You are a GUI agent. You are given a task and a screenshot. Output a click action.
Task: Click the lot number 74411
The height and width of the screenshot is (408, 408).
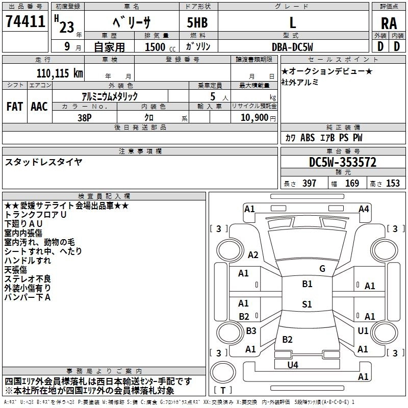(x=25, y=21)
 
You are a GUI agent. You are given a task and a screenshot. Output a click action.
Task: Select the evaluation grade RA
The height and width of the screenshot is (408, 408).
(x=389, y=23)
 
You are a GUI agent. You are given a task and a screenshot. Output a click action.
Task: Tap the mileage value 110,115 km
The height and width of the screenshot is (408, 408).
(x=60, y=73)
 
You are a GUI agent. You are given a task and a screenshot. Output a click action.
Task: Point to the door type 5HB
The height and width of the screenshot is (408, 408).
(x=197, y=22)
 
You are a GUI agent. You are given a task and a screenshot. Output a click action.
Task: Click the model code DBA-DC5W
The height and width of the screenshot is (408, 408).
(x=292, y=47)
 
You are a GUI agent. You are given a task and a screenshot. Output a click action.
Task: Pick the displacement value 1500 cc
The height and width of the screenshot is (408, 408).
(x=160, y=47)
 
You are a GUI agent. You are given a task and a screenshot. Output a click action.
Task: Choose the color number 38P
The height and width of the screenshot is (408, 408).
(x=85, y=118)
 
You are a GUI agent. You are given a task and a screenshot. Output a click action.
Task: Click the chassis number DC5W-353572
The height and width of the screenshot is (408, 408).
(x=343, y=162)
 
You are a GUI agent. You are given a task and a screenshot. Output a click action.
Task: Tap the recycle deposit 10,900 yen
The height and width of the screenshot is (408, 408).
(x=258, y=118)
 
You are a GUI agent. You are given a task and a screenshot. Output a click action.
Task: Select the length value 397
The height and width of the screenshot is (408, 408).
(x=310, y=183)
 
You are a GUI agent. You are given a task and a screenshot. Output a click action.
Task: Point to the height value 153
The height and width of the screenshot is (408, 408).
(x=393, y=183)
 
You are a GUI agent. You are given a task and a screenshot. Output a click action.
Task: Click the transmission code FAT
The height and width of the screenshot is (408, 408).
(x=15, y=107)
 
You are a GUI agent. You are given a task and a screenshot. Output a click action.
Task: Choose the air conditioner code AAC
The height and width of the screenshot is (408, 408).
(x=39, y=107)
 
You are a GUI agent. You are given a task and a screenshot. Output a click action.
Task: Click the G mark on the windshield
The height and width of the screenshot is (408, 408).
(x=322, y=269)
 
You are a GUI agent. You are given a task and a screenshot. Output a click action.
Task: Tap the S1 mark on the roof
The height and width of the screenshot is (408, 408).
(x=307, y=304)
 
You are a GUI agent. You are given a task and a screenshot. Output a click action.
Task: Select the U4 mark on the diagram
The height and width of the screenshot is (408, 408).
(x=293, y=365)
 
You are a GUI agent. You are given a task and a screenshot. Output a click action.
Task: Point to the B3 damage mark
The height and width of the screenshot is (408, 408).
(x=251, y=330)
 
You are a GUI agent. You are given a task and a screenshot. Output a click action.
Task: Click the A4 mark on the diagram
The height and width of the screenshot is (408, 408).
(x=364, y=209)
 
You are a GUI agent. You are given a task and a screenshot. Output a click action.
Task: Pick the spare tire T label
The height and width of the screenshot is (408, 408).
(x=223, y=390)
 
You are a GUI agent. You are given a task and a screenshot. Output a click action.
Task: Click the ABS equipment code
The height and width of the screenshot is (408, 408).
(x=308, y=138)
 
